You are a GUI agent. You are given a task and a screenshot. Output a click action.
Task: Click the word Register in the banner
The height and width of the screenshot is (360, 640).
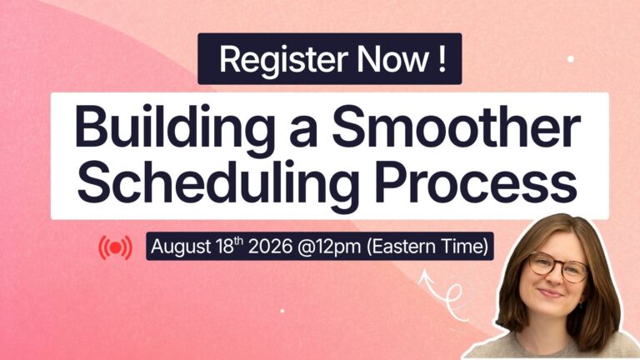pyautogui.click(x=283, y=59)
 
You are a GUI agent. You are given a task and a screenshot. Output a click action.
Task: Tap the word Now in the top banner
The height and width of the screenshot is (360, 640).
pyautogui.click(x=393, y=59)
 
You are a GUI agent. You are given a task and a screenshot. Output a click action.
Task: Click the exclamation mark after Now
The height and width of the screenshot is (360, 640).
pyautogui.click(x=442, y=59)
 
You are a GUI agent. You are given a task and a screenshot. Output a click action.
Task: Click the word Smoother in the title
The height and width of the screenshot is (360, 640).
pyautogui.click(x=456, y=126)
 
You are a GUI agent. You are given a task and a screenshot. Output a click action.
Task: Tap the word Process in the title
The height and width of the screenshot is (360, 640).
pyautogui.click(x=476, y=182)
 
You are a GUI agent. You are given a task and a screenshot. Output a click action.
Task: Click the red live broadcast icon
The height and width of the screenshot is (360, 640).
pyautogui.click(x=116, y=247)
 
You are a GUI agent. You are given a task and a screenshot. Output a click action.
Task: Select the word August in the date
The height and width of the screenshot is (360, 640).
pyautogui.click(x=181, y=247)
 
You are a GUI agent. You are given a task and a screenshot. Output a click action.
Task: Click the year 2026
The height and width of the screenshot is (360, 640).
pyautogui.click(x=270, y=247)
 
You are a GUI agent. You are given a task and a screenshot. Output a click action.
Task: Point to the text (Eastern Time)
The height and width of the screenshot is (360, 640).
pyautogui.click(x=427, y=247)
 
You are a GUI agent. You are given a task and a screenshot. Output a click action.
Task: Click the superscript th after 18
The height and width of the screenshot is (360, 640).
pyautogui.click(x=239, y=241)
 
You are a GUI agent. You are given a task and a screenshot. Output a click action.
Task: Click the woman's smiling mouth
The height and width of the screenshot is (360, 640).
pyautogui.click(x=551, y=292)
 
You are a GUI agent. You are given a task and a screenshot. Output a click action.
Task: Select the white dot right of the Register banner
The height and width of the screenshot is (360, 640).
pyautogui.click(x=571, y=59)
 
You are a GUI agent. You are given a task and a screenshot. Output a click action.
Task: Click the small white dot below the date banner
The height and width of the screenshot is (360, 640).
pyautogui.click(x=282, y=311)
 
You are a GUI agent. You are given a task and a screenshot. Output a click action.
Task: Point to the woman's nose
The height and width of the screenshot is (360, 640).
pyautogui.click(x=554, y=277)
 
